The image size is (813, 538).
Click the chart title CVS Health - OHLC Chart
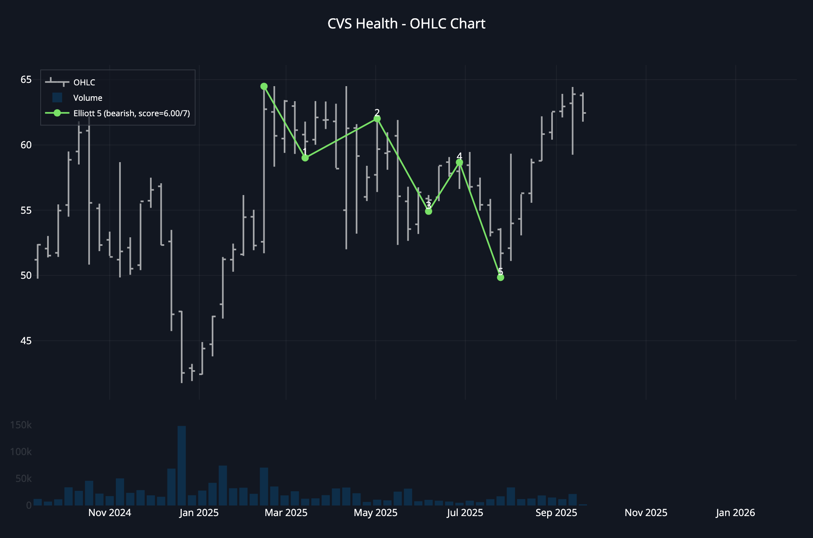[406, 24]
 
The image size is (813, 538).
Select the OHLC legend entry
[84, 82]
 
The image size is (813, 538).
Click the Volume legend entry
[87, 98]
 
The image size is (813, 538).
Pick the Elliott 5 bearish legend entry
[131, 113]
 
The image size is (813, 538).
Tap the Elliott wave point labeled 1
[305, 158]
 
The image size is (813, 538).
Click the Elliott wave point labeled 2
[377, 119]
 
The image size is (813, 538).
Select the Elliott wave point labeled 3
[428, 211]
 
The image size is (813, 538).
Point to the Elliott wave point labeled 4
[459, 163]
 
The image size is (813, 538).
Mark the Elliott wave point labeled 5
[500, 278]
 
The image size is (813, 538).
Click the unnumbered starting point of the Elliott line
[264, 86]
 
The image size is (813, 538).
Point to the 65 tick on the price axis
[26, 80]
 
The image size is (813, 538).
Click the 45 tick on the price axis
[26, 341]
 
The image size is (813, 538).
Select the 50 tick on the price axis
[26, 276]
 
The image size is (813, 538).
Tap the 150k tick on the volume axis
[21, 425]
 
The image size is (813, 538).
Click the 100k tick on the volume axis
[21, 452]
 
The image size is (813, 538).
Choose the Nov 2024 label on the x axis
[110, 513]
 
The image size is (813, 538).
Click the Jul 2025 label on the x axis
[465, 513]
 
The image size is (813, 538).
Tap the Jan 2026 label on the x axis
[735, 513]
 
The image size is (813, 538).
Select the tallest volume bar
[182, 465]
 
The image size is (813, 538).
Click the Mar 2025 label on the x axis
[286, 513]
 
